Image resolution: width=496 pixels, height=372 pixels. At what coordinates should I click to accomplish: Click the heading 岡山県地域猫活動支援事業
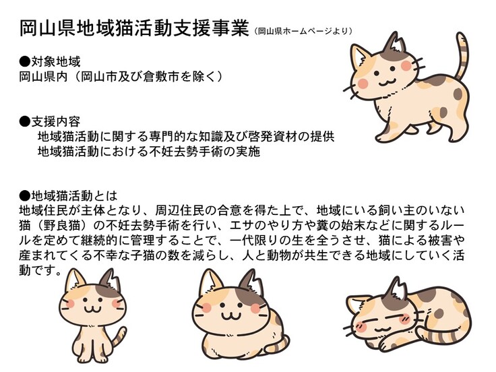click(x=134, y=28)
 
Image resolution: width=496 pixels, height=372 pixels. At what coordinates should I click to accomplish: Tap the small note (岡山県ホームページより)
click(x=303, y=31)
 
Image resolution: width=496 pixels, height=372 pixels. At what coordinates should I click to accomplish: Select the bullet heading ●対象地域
click(x=50, y=62)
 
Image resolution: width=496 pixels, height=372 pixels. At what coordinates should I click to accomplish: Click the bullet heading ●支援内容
click(x=50, y=121)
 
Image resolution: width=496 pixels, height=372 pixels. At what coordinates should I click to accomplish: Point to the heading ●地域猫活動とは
click(x=68, y=196)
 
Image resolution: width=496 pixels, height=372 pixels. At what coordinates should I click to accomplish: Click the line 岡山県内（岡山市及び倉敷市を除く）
click(x=121, y=77)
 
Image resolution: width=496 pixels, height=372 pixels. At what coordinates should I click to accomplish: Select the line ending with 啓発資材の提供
click(x=186, y=137)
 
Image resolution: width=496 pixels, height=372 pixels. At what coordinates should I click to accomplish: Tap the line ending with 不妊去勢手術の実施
click(x=149, y=152)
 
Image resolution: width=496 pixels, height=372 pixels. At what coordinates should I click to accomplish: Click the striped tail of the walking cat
click(x=462, y=57)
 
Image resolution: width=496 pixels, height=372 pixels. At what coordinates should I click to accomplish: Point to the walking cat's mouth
click(x=385, y=82)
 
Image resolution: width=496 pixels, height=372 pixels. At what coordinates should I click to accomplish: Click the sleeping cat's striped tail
click(x=443, y=335)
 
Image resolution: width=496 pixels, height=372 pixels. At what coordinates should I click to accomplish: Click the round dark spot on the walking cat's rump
click(x=458, y=94)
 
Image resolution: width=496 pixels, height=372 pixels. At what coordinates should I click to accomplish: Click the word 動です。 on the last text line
click(x=40, y=271)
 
